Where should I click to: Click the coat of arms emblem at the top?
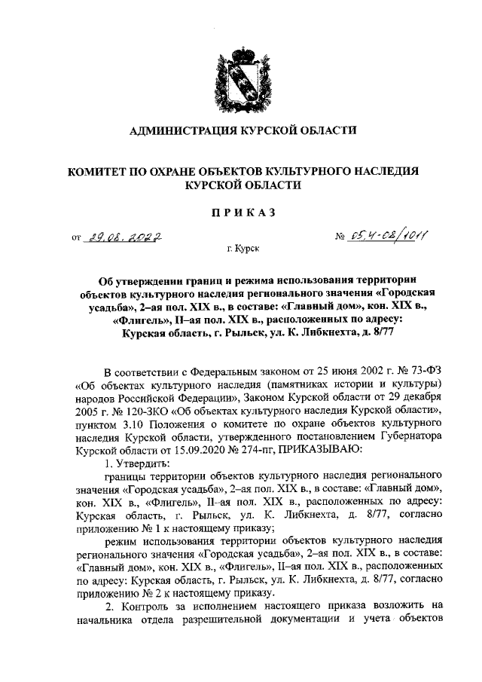[241, 75]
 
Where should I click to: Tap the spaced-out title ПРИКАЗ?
[242, 213]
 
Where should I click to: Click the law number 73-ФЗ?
[423, 371]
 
